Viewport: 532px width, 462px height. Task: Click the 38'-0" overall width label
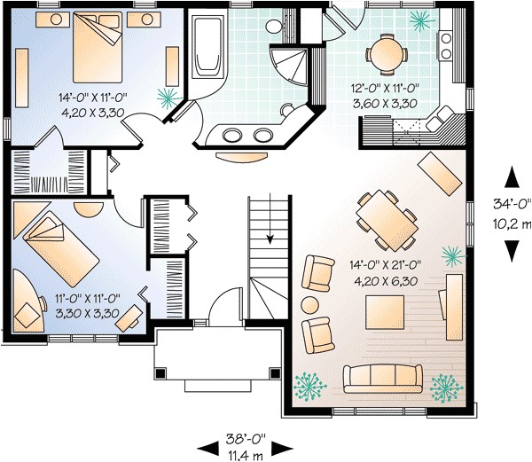click(x=246, y=437)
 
